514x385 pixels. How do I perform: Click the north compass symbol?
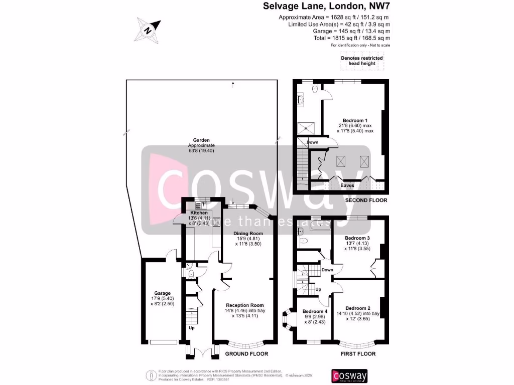(148, 30)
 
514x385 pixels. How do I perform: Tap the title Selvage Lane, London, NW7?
(327, 7)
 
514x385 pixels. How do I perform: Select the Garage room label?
(162, 293)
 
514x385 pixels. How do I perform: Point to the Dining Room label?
(249, 233)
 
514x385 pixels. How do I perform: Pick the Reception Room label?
(244, 305)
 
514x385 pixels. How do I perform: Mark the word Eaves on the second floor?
(347, 185)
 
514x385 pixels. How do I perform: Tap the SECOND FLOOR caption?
(366, 201)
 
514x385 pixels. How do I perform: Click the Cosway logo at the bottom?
(349, 376)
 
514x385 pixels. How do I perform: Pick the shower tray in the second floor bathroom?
(306, 127)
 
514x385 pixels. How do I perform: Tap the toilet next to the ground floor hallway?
(192, 274)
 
